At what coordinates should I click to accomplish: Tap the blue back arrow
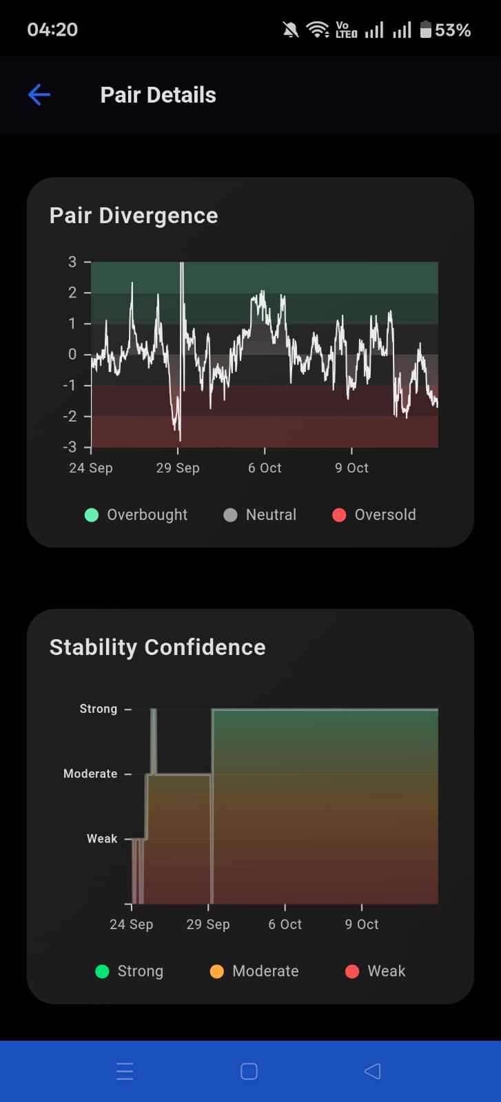[39, 94]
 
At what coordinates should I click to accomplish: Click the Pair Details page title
[158, 95]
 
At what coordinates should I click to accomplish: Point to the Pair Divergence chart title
[134, 216]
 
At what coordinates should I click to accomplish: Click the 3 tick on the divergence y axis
[72, 262]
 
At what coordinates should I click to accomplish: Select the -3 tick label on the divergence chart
[70, 447]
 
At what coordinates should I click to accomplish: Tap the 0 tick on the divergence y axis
[72, 354]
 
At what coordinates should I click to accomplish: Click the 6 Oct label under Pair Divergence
[265, 468]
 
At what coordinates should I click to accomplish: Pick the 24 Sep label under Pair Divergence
[90, 468]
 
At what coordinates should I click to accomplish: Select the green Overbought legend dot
[92, 515]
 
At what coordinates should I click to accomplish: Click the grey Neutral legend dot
[231, 515]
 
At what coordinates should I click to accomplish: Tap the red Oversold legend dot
[339, 515]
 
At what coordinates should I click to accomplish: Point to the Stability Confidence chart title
[157, 647]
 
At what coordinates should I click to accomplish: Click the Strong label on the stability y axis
[99, 709]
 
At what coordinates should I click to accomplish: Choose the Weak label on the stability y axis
[102, 839]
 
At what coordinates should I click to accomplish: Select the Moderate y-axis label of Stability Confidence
[90, 774]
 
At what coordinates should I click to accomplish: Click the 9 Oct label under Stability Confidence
[362, 924]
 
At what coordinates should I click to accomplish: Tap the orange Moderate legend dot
[217, 971]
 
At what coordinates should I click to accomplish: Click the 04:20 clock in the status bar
[52, 30]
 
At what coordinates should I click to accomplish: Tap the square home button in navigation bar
[249, 1071]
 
